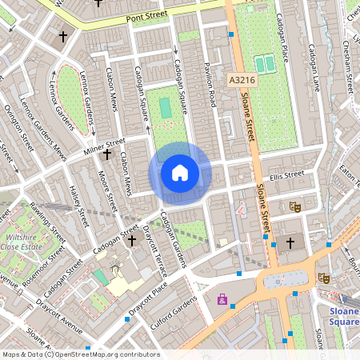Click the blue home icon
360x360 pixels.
tap(180, 173)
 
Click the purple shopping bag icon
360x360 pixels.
tap(222, 300)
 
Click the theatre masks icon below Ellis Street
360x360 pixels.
tap(294, 206)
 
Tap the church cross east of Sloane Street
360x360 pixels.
tap(290, 242)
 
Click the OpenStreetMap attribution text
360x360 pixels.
tap(81, 354)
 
